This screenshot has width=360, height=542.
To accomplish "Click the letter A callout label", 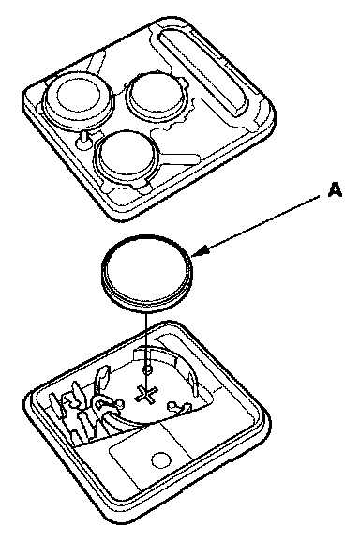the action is [335, 190].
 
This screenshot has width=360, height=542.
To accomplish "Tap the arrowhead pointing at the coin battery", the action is [200, 251].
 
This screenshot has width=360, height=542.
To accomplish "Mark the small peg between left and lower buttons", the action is [83, 140].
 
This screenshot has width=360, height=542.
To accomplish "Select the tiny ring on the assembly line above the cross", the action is [147, 369].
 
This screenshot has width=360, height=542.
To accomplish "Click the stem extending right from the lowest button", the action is [179, 158].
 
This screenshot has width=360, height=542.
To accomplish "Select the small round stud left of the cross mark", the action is [120, 403].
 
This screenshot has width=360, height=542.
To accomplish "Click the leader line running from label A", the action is [260, 224].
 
